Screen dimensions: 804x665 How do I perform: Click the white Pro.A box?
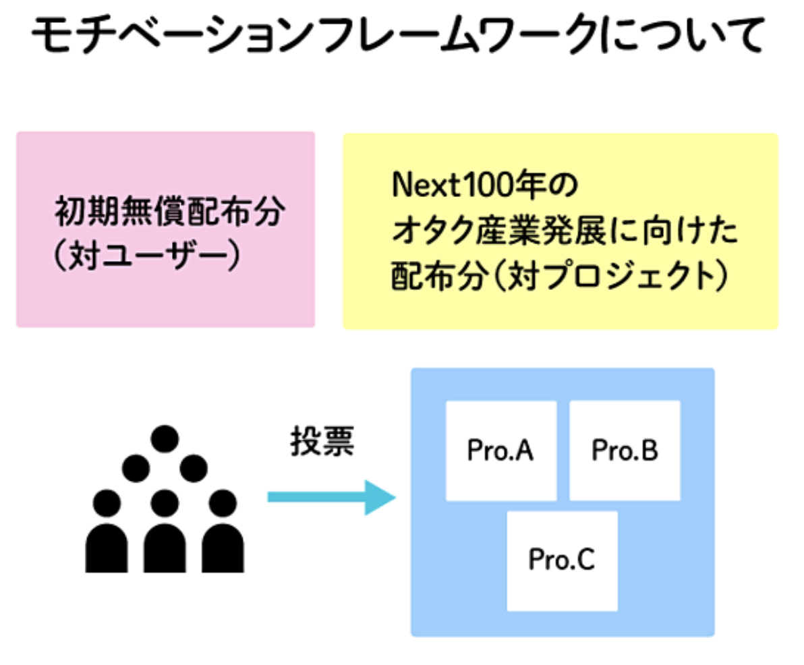pos(501,451)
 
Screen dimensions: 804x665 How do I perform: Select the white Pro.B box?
pos(625,451)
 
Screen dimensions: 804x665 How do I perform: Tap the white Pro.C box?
pos(562,561)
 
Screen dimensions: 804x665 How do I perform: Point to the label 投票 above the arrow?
pos(322,441)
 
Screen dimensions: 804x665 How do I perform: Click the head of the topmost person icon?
pos(165,439)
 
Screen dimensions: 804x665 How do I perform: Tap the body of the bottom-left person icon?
pos(106,548)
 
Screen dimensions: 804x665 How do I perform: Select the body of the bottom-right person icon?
pos(223,548)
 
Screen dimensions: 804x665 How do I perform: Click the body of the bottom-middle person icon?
pos(165,548)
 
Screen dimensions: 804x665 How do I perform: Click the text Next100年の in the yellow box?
pos(484,185)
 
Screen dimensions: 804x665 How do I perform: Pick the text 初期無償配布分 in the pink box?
pos(170,211)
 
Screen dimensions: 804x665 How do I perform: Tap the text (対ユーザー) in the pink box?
pos(147,255)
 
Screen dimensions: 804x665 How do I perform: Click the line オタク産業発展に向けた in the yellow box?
pos(565,230)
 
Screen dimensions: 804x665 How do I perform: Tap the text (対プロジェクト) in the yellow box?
pos(610,275)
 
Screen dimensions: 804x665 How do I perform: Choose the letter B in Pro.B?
pos(649,450)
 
